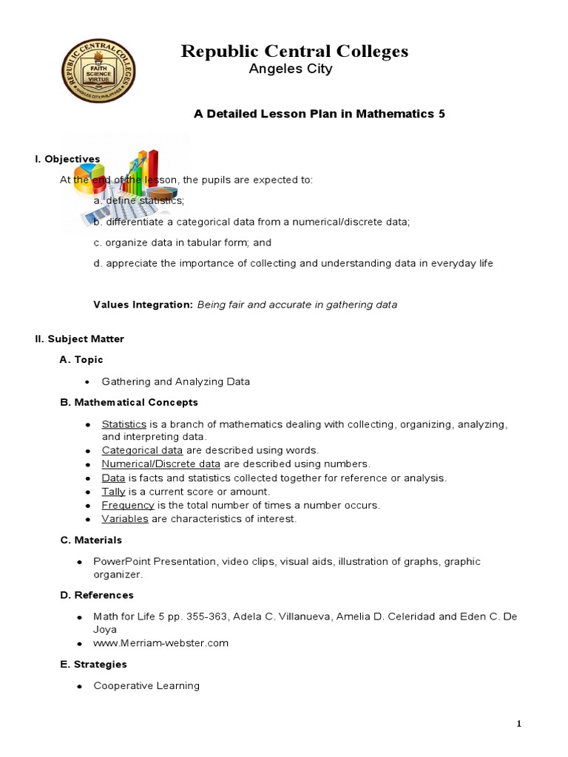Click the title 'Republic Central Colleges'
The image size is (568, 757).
(295, 51)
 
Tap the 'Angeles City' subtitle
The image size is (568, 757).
(293, 69)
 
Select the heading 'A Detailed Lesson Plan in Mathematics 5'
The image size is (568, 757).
(319, 114)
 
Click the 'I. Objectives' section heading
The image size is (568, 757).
(67, 159)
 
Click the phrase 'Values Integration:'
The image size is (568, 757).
(143, 305)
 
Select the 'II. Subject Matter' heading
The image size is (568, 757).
(79, 339)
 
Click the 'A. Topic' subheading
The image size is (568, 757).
(81, 359)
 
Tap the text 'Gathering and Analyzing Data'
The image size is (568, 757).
(176, 381)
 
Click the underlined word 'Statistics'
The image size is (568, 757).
(124, 424)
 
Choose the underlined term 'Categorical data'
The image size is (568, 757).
(142, 450)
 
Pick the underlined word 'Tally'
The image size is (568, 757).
(113, 492)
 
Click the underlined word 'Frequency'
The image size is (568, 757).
(128, 505)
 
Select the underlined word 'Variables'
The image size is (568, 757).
(125, 519)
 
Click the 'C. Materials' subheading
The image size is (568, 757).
(91, 540)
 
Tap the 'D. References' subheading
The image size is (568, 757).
(97, 595)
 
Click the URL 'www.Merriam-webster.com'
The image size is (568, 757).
(160, 643)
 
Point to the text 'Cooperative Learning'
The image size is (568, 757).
(146, 686)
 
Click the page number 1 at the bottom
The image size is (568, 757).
(518, 724)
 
